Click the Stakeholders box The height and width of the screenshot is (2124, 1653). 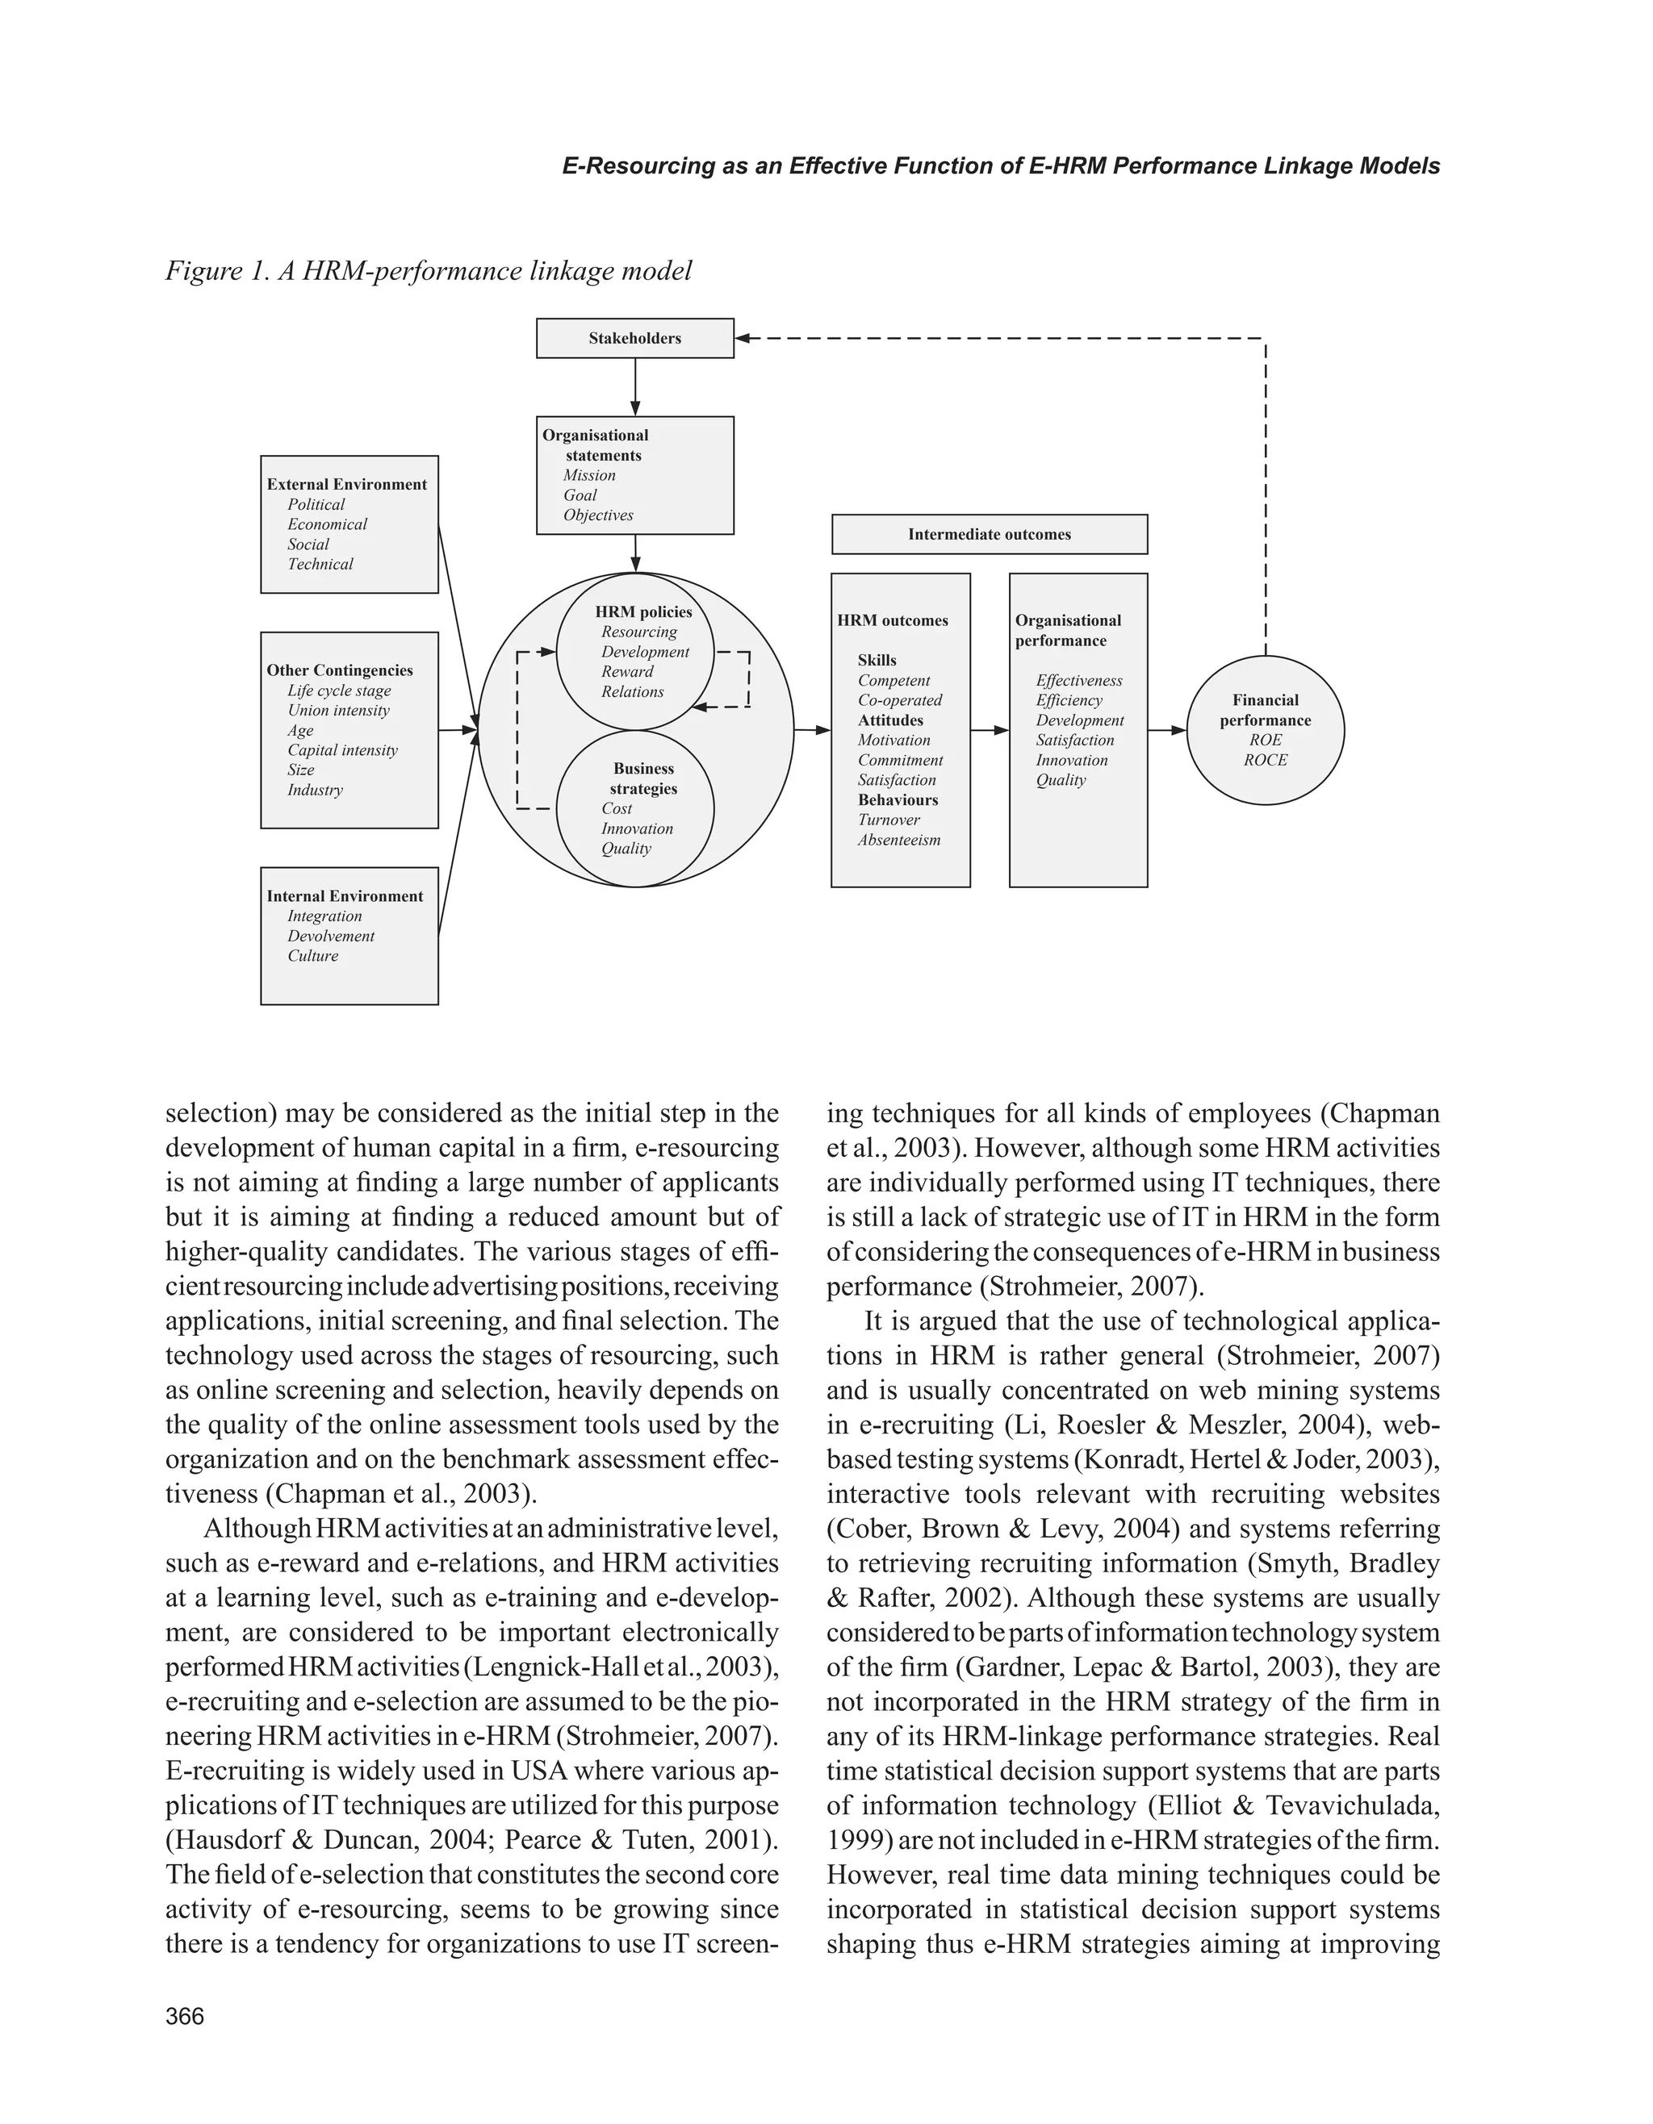[x=634, y=339]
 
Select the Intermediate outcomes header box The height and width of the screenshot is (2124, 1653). [x=989, y=534]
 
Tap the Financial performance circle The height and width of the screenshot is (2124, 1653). [x=1265, y=729]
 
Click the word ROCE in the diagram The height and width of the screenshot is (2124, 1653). [x=1265, y=761]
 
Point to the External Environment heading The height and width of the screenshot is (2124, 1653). [x=346, y=484]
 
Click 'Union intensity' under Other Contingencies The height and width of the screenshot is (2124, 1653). [x=337, y=711]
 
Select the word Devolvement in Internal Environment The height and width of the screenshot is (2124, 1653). [x=330, y=936]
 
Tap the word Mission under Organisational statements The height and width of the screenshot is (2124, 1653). [x=588, y=476]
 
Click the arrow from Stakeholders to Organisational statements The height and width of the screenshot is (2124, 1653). [x=635, y=387]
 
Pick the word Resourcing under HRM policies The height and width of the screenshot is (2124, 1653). [x=638, y=632]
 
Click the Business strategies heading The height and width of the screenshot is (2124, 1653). [x=643, y=779]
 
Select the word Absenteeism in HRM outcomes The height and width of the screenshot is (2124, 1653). [x=898, y=841]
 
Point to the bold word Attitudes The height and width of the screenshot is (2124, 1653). [x=890, y=720]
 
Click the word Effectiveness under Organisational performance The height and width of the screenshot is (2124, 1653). [x=1078, y=681]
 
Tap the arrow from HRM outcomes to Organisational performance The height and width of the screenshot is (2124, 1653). [x=990, y=730]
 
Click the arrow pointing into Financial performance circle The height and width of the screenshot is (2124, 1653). [x=1167, y=730]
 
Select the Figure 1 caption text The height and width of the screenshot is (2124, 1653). [x=428, y=270]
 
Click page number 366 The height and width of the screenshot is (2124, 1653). [x=185, y=2016]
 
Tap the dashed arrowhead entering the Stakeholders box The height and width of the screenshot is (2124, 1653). [x=743, y=339]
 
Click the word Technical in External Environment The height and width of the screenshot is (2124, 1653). [x=320, y=564]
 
